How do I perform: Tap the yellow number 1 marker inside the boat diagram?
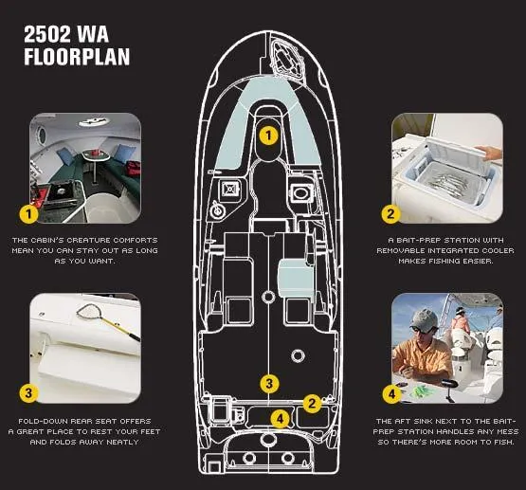(269, 135)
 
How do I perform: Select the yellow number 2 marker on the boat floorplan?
(311, 402)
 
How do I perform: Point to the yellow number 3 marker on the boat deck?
(270, 384)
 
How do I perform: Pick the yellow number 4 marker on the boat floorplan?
(279, 417)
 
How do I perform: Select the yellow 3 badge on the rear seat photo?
(30, 392)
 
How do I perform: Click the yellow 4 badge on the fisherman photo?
(390, 392)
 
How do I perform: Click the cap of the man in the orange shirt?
(426, 319)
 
